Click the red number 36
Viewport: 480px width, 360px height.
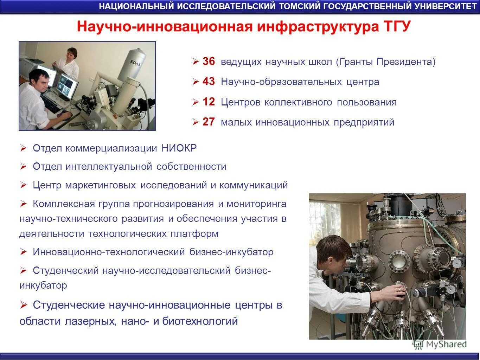coord(209,62)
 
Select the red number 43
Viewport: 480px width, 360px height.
coord(209,82)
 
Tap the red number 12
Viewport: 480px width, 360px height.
coord(209,102)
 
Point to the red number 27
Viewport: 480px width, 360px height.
coord(209,122)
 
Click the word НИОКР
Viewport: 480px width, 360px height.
coord(179,148)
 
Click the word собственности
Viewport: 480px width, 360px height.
coord(191,167)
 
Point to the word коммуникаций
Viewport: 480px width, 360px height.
coord(254,185)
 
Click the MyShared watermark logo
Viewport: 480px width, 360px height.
coord(440,344)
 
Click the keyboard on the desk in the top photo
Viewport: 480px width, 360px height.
coord(52,105)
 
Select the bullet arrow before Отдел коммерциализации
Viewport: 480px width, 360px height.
coord(24,148)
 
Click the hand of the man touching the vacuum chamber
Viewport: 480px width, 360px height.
coord(399,291)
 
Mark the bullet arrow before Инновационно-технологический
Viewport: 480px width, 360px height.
coord(24,252)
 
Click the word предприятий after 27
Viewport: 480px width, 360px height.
coord(364,122)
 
